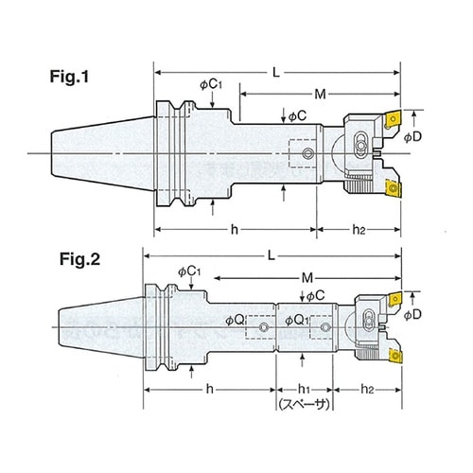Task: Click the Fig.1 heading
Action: tap(69, 77)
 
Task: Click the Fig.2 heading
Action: tap(79, 259)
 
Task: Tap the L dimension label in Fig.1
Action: tap(276, 73)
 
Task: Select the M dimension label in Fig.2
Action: tap(307, 278)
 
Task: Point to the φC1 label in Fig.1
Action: tap(211, 84)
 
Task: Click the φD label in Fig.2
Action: tap(412, 314)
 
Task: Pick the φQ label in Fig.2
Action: tap(235, 321)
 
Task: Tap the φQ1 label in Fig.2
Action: tap(296, 321)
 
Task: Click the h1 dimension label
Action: tap(304, 389)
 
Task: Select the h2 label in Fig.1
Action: tap(359, 230)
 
